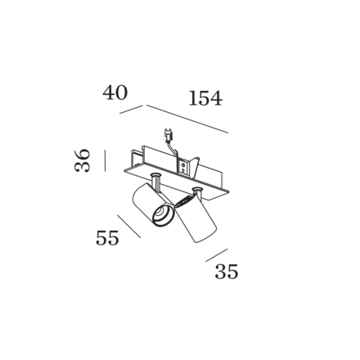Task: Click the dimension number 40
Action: click(115, 92)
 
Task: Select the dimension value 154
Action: click(205, 98)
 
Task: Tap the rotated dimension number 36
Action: click(82, 160)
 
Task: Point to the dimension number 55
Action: click(107, 238)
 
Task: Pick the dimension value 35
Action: click(227, 272)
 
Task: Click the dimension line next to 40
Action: click(131, 110)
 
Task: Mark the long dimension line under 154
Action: click(187, 119)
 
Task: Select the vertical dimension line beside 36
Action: click(105, 160)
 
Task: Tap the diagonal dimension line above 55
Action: click(129, 227)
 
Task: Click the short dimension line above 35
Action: click(217, 255)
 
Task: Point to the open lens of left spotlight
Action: click(163, 214)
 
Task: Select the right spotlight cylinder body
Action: click(196, 220)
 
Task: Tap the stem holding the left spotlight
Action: click(156, 183)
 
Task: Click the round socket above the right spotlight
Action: click(196, 189)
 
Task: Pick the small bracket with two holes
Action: click(183, 168)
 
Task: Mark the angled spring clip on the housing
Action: click(195, 167)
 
